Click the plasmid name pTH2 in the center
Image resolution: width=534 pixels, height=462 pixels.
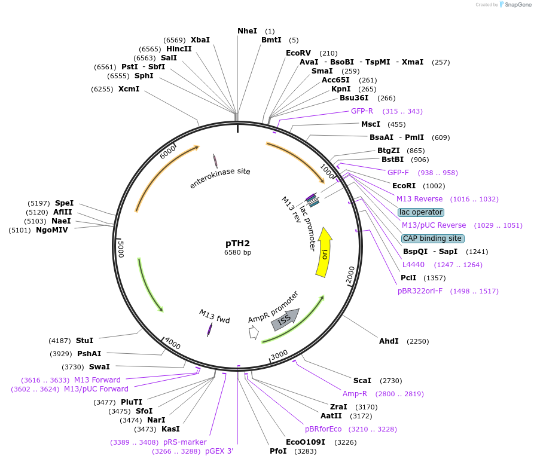pyautogui.click(x=237, y=243)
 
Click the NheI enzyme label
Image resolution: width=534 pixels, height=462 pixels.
pyautogui.click(x=247, y=31)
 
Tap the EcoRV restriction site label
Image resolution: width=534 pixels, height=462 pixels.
pyautogui.click(x=299, y=53)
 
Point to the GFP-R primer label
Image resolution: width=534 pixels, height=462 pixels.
pyautogui.click(x=362, y=111)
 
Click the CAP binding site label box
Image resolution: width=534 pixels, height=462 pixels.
pyautogui.click(x=432, y=238)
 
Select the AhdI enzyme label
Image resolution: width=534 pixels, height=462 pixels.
pyautogui.click(x=389, y=341)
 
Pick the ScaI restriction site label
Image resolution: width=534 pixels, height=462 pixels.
pyautogui.click(x=362, y=381)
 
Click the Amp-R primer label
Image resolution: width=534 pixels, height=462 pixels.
pyautogui.click(x=355, y=394)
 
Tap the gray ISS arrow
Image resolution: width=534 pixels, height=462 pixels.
pyautogui.click(x=284, y=320)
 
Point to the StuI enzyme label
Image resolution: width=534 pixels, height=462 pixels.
pyautogui.click(x=84, y=341)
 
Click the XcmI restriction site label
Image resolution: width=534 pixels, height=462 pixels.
pyautogui.click(x=129, y=89)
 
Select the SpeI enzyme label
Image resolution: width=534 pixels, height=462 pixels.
pyautogui.click(x=64, y=203)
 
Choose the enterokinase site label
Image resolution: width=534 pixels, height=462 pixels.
pyautogui.click(x=219, y=178)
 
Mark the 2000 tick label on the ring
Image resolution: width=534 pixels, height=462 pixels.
pyautogui.click(x=350, y=275)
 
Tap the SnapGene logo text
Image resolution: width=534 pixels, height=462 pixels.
pyautogui.click(x=516, y=5)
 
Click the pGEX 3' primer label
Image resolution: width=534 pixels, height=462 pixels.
pyautogui.click(x=219, y=451)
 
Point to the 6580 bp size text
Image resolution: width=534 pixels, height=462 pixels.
pyautogui.click(x=237, y=253)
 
